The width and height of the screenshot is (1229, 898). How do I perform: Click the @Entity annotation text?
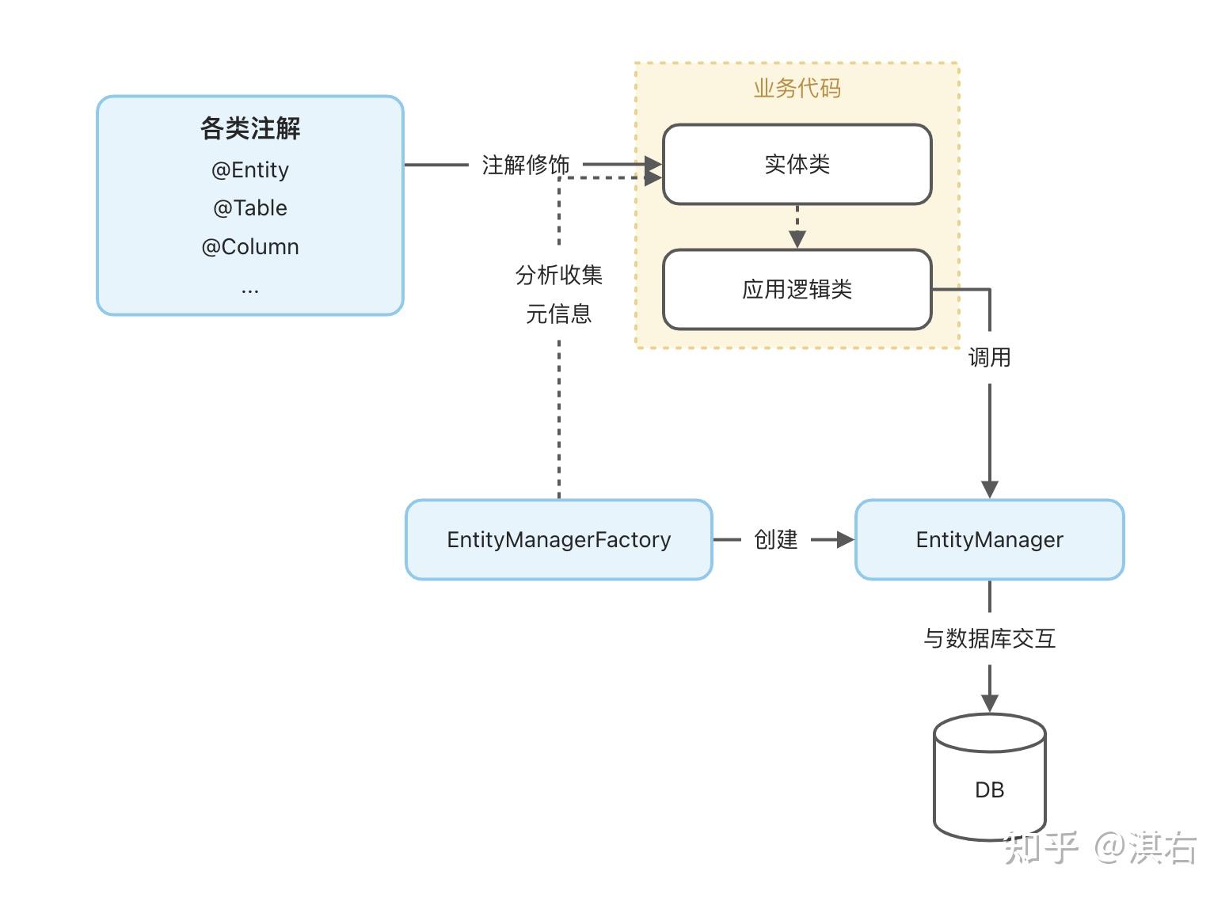[250, 170]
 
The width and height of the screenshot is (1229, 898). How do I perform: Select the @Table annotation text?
[250, 208]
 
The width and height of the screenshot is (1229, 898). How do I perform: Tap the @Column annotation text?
[250, 247]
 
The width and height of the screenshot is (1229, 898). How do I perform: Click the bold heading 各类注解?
[250, 128]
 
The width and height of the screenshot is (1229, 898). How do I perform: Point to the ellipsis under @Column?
[250, 291]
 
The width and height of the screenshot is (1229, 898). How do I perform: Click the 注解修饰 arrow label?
[526, 165]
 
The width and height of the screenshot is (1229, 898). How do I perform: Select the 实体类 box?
[797, 165]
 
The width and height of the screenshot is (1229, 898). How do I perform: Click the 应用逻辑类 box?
[797, 290]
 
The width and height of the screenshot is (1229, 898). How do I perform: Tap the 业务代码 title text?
[797, 88]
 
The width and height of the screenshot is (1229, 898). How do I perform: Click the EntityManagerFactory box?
[559, 540]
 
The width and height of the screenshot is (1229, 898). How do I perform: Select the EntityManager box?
[989, 540]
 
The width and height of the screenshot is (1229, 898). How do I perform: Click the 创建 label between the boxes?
[776, 540]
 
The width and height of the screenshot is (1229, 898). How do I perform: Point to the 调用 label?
[989, 358]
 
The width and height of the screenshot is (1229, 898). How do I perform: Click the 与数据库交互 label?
[989, 638]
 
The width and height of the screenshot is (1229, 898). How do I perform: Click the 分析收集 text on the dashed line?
[559, 276]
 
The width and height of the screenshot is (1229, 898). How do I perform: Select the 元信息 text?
[559, 314]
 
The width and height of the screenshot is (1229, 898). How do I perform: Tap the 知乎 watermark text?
[1041, 847]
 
